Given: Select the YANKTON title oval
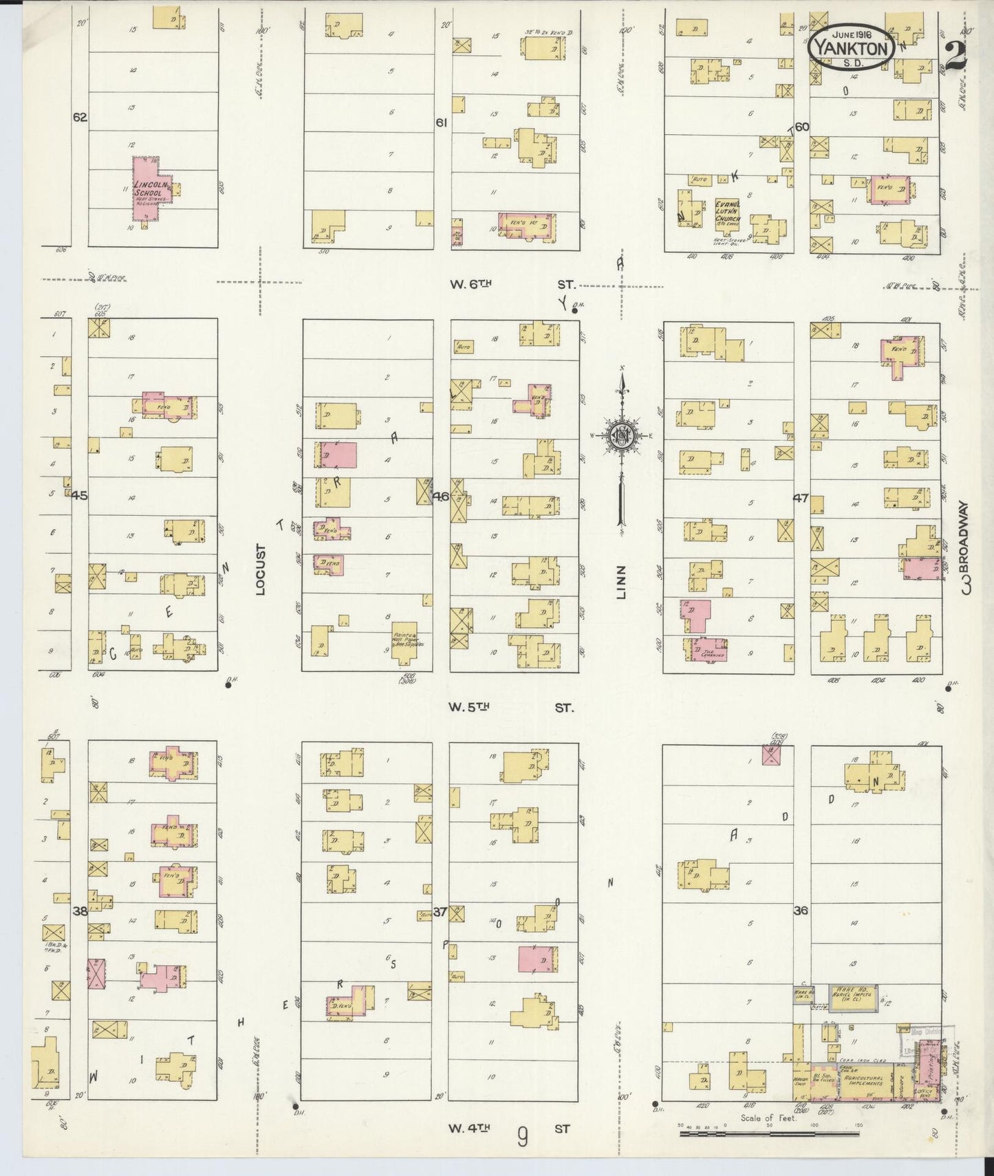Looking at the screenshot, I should pos(852,47).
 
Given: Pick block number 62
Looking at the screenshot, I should pos(80,118).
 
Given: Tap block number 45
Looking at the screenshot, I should pos(80,494).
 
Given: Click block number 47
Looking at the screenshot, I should pos(800,498).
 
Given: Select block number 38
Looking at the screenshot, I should pos(80,912).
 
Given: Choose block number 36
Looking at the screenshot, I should pos(800,911).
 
